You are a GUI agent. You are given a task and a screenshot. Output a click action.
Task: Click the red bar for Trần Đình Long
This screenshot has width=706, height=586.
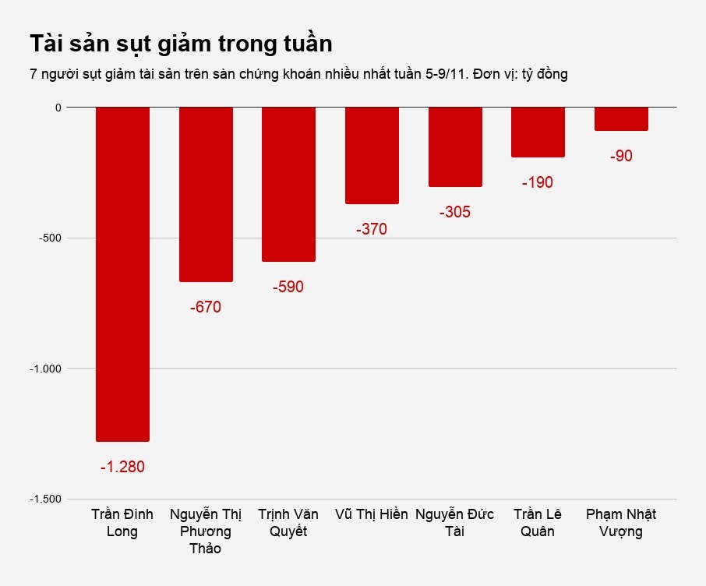122,274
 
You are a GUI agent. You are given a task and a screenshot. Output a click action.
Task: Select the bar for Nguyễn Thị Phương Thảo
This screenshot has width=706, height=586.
206,194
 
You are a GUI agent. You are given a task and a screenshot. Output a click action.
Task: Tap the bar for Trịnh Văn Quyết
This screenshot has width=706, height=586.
288,184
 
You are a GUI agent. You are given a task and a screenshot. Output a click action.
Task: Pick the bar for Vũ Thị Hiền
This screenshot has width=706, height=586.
372,155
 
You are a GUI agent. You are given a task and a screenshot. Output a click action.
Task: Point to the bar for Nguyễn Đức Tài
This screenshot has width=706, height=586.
455,146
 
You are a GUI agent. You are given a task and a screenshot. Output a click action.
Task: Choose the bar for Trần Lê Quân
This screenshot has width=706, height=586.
538,132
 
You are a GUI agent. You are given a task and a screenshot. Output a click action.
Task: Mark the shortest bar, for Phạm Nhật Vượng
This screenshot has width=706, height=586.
621,118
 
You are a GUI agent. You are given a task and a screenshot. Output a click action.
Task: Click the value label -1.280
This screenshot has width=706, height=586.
122,468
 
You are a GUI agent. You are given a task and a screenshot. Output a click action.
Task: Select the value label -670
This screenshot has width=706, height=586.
206,308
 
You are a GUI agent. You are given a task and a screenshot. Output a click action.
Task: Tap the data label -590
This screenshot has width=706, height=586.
288,288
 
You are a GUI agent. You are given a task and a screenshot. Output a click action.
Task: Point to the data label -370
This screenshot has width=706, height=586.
372,230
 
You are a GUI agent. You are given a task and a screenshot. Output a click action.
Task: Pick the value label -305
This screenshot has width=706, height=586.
455,213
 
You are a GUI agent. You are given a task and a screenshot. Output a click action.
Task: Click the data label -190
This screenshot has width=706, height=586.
538,183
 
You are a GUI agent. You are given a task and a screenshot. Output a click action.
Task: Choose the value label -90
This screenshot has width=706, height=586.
621,157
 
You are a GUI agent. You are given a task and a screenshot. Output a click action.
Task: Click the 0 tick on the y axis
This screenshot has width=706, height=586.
58,108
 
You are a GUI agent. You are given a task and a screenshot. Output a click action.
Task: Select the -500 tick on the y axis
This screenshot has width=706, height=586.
49,238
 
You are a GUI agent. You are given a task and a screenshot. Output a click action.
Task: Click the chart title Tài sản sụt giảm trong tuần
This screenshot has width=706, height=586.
181,44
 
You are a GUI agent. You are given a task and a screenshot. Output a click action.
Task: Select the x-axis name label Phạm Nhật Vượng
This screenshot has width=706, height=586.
621,523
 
